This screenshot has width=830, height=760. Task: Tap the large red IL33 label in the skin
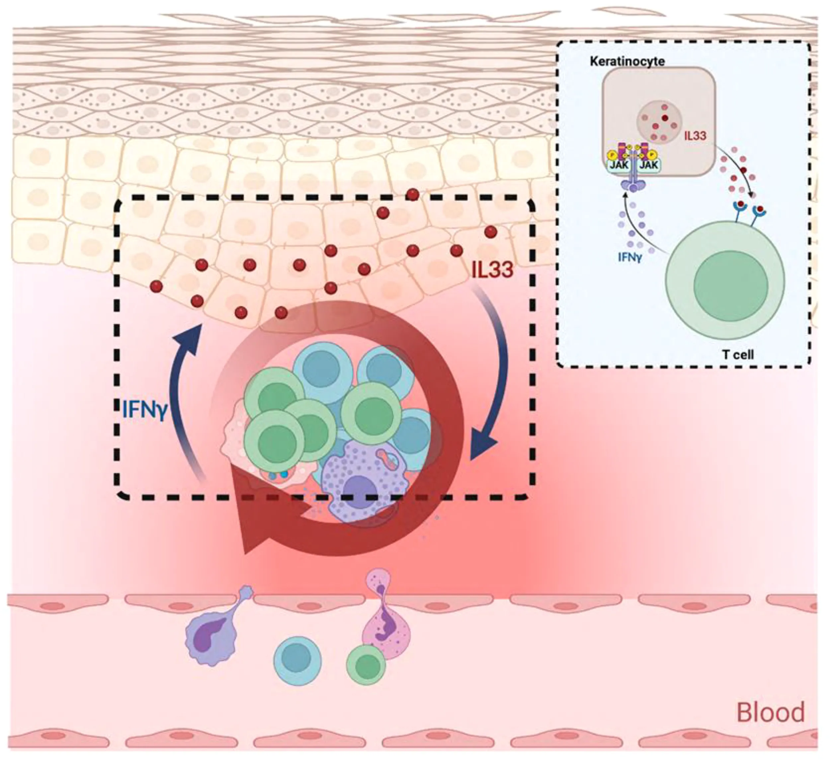click(x=492, y=270)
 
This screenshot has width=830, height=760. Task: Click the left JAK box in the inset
click(x=619, y=165)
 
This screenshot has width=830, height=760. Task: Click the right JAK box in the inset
click(x=649, y=165)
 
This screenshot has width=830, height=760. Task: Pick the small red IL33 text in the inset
click(x=695, y=135)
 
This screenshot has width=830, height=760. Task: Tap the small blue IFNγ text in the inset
click(x=629, y=258)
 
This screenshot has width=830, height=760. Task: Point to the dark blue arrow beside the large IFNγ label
click(x=181, y=391)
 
